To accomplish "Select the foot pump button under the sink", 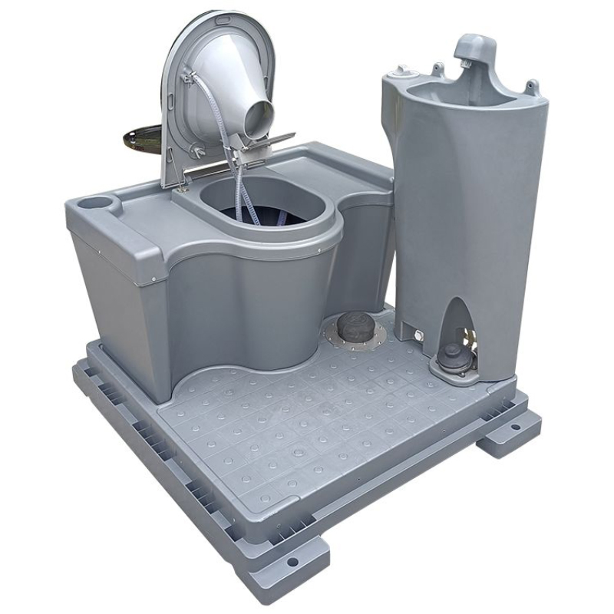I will pyautogui.click(x=452, y=355).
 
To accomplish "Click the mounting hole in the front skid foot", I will pyautogui.click(x=292, y=562).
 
